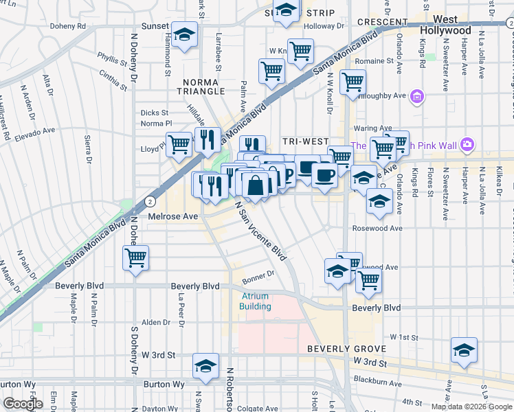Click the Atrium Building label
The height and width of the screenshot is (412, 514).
coord(255,301)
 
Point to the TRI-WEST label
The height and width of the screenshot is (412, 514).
coord(305,141)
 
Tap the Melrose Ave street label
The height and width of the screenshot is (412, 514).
coord(172,216)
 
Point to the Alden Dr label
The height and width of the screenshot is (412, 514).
coord(155,322)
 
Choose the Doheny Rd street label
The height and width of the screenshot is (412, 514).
coord(67,27)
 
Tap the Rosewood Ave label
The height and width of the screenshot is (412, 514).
coord(377,228)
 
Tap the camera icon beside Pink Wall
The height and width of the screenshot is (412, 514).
coord(467,144)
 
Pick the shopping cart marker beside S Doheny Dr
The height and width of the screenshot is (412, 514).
coord(136,259)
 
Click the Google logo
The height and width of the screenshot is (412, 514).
coord(23,404)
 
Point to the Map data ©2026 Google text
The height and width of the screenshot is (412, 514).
coord(471,407)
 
